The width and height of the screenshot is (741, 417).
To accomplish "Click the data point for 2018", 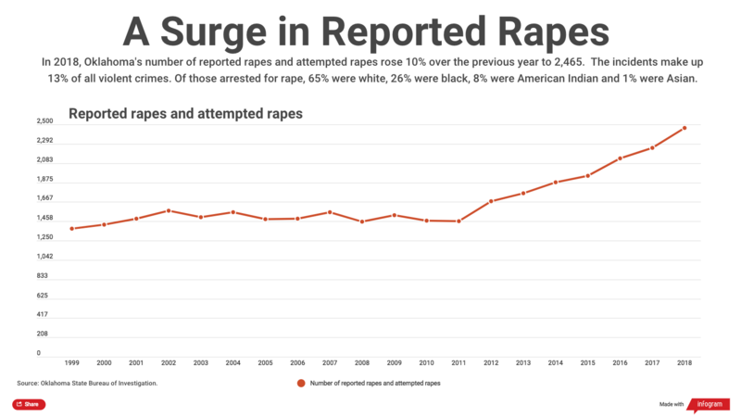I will (x=684, y=128).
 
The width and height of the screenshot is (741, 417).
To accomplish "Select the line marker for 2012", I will (x=491, y=201).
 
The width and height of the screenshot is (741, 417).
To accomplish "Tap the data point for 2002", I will (x=169, y=210).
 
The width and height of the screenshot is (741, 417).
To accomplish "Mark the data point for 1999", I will (x=71, y=228).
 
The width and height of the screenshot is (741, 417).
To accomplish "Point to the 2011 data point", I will (x=458, y=221).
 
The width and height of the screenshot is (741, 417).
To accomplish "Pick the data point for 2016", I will (x=620, y=158).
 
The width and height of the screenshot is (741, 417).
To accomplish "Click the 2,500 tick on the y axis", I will (x=45, y=121).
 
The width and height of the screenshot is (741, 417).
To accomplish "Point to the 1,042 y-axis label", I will (x=45, y=257).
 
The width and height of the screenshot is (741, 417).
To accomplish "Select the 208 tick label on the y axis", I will (x=43, y=334).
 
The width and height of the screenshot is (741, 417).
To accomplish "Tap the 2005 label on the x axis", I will (x=265, y=363).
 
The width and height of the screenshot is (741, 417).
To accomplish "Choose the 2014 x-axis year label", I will (x=556, y=363).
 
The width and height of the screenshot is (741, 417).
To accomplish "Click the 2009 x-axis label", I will (x=395, y=363).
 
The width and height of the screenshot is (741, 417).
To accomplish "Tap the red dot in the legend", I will (x=301, y=383).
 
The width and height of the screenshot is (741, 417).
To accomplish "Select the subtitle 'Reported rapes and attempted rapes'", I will (x=185, y=114).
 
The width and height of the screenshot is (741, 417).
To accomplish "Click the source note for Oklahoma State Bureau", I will (x=87, y=383).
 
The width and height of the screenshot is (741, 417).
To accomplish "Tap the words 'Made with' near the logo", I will (x=672, y=405).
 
